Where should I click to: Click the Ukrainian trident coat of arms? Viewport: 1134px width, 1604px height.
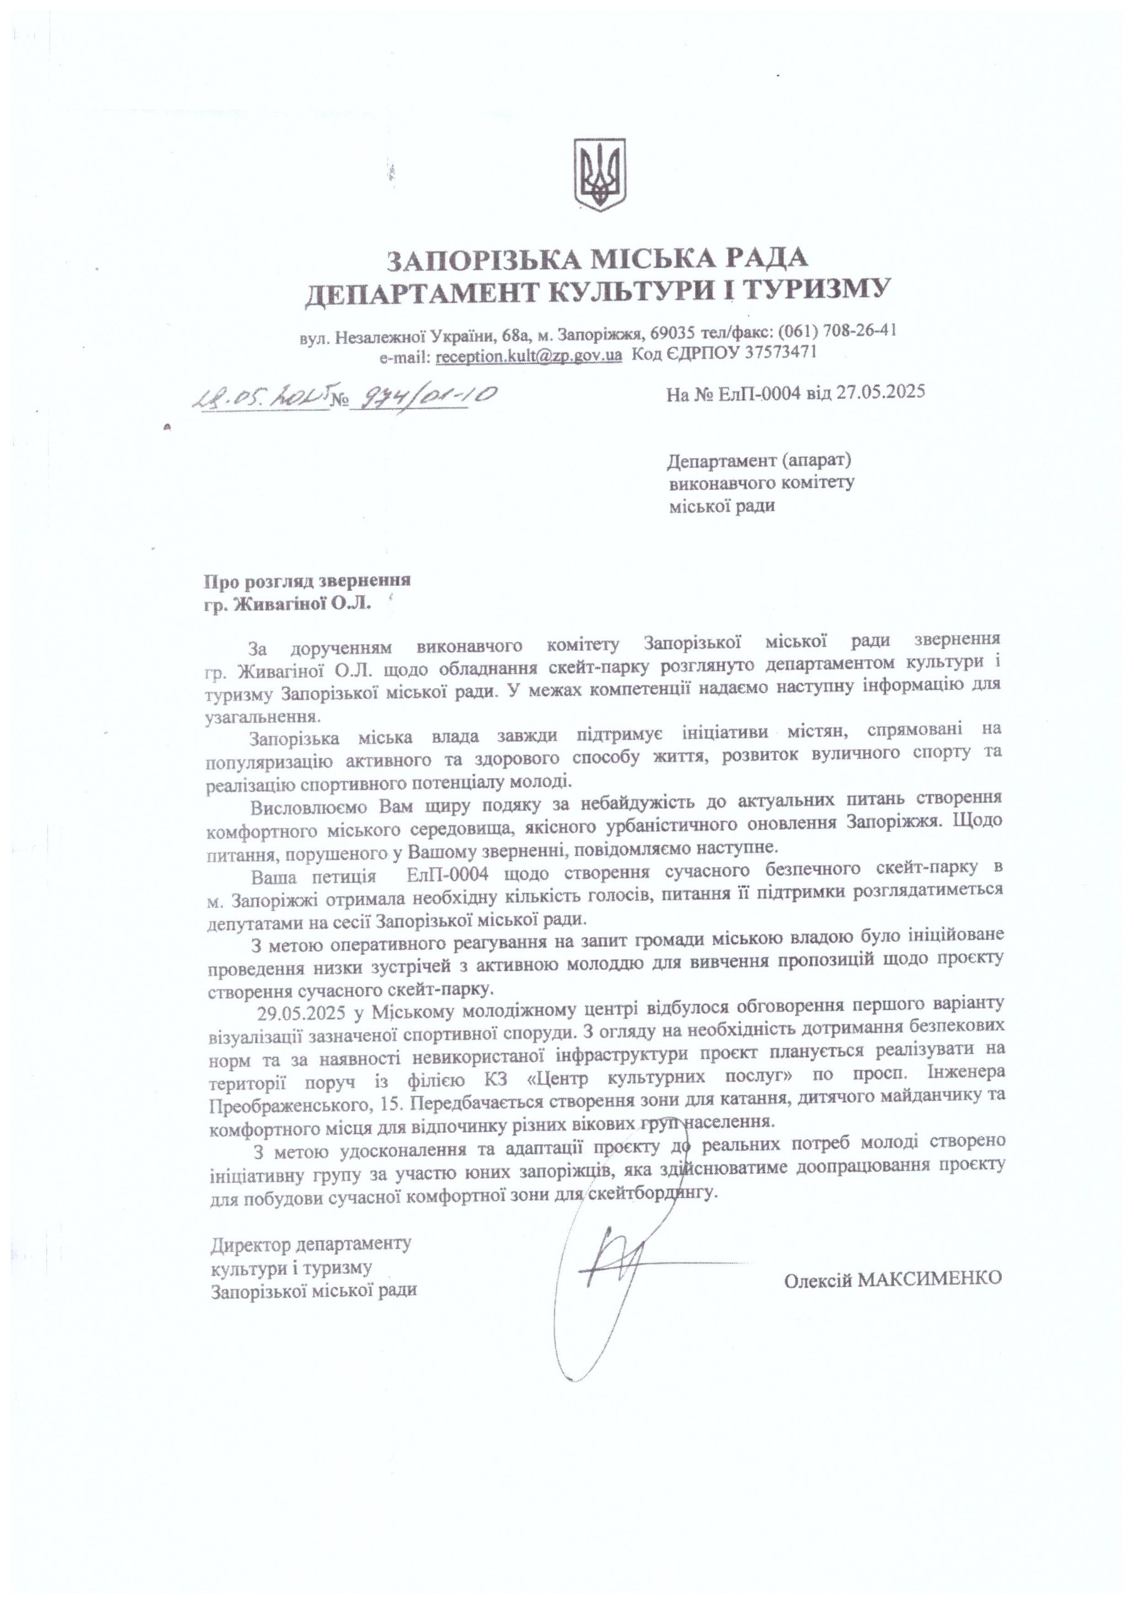point(598,175)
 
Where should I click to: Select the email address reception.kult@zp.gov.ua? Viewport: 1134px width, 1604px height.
point(528,354)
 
